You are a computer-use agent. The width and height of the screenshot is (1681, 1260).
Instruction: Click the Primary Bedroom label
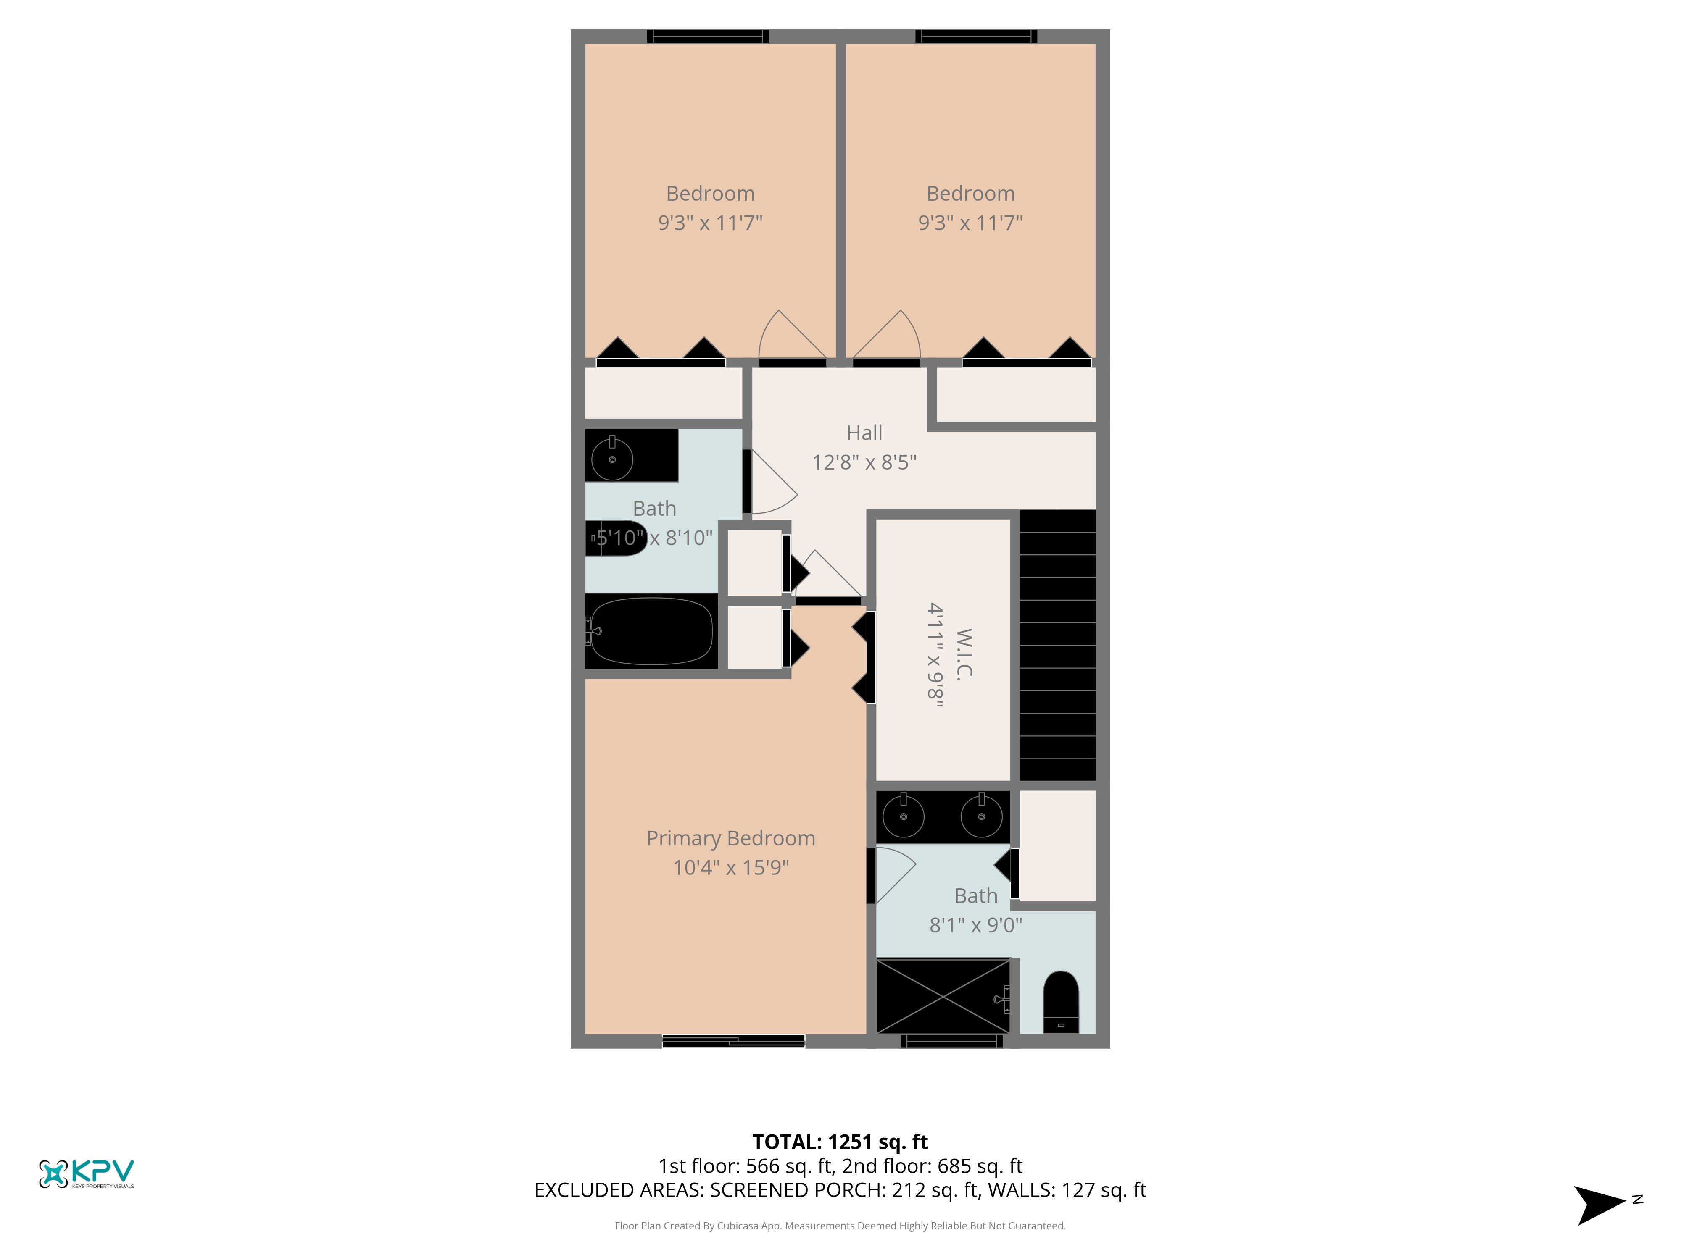(730, 838)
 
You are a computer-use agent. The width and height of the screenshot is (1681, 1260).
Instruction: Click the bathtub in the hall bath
(651, 631)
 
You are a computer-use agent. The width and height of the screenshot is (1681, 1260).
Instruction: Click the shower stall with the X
(943, 996)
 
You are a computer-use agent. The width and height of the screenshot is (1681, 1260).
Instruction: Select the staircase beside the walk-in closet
(1057, 645)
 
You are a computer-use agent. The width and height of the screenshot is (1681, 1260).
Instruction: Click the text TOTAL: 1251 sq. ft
(840, 1142)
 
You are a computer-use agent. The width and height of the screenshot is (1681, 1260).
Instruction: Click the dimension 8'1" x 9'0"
(976, 925)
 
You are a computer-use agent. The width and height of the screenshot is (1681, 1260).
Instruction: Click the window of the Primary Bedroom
(733, 1041)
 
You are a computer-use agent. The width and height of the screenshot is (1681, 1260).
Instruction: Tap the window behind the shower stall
(951, 1041)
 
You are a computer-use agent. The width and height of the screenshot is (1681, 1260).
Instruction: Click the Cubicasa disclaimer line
(840, 1226)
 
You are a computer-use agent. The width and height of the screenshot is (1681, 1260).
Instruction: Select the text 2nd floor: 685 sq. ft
(932, 1167)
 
